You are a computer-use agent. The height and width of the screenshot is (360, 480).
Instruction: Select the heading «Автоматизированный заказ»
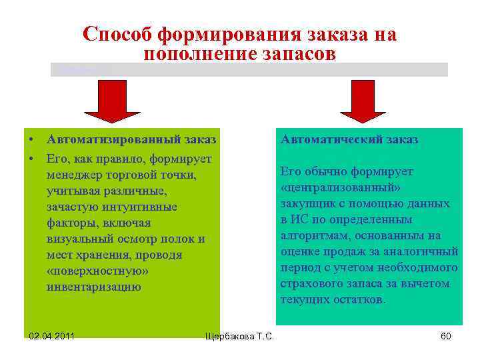(x=131, y=139)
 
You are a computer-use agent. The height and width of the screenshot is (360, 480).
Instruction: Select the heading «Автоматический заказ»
(x=349, y=139)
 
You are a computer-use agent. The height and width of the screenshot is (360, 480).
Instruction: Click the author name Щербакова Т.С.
(x=240, y=336)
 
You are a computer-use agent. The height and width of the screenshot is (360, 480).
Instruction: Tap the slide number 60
(x=446, y=336)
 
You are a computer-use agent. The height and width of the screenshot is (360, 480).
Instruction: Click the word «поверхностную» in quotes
(x=97, y=271)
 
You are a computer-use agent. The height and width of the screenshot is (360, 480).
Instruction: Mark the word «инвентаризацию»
(x=94, y=287)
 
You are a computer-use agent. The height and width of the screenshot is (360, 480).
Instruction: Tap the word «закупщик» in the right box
(x=307, y=203)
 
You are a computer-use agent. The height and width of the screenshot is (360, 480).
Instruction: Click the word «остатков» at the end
(x=361, y=299)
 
